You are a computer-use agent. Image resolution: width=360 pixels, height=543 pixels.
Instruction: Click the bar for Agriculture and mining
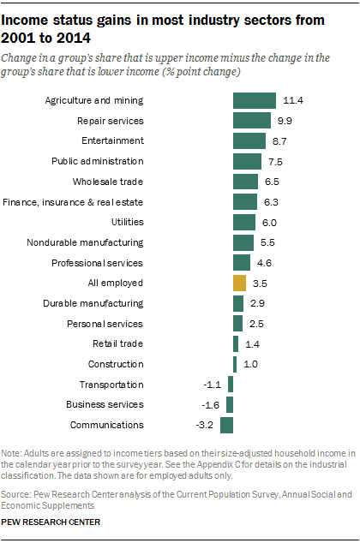coord(254,100)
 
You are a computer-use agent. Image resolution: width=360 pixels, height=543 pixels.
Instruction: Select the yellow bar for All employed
coord(240,283)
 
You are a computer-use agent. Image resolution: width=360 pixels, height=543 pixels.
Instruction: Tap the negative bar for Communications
coord(227,425)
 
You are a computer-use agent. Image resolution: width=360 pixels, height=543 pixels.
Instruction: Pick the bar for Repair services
coord(252,121)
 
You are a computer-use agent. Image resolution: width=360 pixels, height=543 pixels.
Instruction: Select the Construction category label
coord(117,364)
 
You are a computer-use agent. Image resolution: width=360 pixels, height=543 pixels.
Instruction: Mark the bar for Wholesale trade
coord(245,182)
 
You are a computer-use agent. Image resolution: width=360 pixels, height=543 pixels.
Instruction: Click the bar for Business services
coord(231,404)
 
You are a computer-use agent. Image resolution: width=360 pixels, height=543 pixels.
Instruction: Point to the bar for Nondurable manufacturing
coord(243,242)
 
